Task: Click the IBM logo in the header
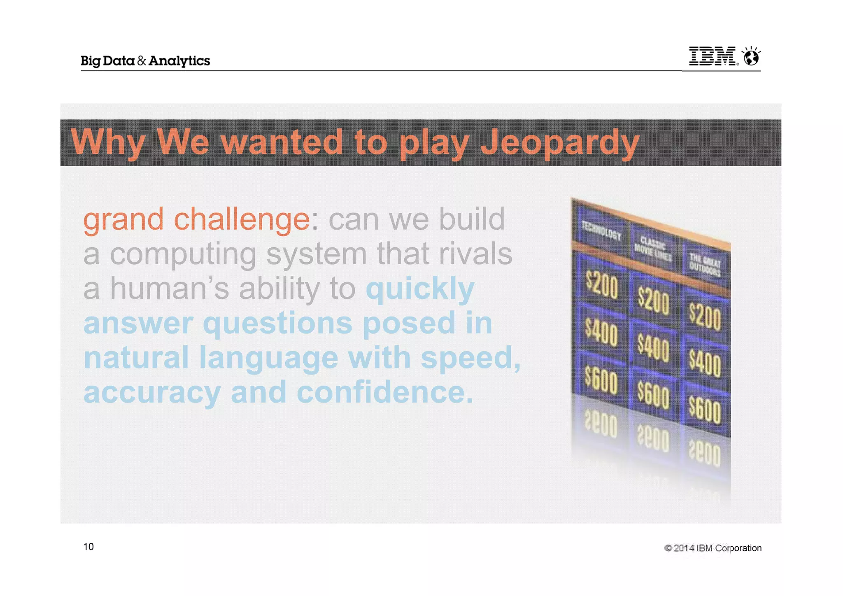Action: pos(713,56)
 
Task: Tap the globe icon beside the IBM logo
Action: pos(751,56)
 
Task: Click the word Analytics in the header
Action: pos(179,61)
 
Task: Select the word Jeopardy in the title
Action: pos(560,142)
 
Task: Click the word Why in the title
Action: pos(108,142)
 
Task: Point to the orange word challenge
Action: pos(242,219)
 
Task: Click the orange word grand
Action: pos(123,219)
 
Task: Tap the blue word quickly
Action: pos(420,289)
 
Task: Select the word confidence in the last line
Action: pos(385,392)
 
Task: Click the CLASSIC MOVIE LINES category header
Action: pos(653,249)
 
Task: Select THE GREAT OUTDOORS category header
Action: pos(705,265)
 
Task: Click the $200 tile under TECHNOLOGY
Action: pos(601,285)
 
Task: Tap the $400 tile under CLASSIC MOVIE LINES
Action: pos(653,348)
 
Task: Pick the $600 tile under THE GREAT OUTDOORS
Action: pos(705,411)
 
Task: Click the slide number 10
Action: pos(88,547)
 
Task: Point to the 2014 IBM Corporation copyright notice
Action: pos(713,548)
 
